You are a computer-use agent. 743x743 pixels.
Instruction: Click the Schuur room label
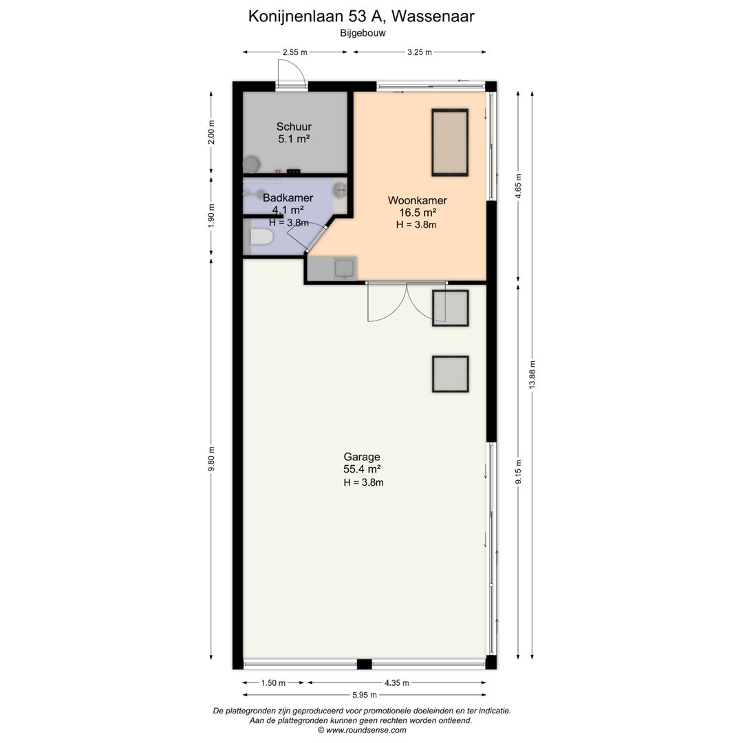click(294, 127)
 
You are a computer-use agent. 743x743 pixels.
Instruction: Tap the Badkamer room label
click(288, 197)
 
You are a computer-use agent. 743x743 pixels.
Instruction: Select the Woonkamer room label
click(417, 200)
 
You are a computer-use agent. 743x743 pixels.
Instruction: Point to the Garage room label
click(362, 457)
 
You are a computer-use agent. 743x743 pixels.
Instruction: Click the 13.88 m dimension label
click(532, 375)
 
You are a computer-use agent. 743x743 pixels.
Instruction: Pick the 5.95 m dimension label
click(365, 695)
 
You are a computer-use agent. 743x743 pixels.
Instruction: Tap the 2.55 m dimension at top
click(294, 52)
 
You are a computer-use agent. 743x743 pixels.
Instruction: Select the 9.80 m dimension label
click(211, 459)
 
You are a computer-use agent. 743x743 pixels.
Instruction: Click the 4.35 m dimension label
click(397, 683)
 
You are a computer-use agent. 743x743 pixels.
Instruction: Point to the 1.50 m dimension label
click(273, 683)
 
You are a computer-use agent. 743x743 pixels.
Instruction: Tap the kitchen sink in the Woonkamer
click(345, 269)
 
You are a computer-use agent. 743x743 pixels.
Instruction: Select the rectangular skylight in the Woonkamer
click(450, 142)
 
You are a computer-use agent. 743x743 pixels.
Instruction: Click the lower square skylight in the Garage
click(450, 374)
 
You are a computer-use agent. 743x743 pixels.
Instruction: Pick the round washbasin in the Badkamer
click(340, 190)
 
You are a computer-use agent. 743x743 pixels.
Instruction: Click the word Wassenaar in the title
click(433, 16)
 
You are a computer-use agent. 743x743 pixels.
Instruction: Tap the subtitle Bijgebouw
click(363, 33)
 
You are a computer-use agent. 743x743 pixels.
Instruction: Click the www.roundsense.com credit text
click(362, 730)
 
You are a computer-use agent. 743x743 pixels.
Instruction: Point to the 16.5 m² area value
click(418, 213)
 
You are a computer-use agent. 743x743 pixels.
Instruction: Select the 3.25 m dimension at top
click(420, 52)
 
